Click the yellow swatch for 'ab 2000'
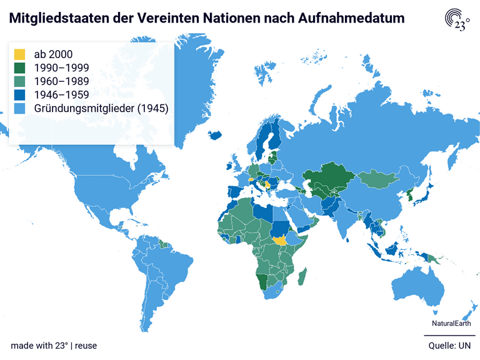tap(19, 54)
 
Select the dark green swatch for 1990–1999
tap(19, 67)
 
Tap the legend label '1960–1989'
tap(61, 81)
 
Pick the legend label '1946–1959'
tap(61, 95)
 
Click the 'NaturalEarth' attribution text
tap(452, 323)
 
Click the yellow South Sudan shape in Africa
tap(281, 239)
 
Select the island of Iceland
tap(216, 134)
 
